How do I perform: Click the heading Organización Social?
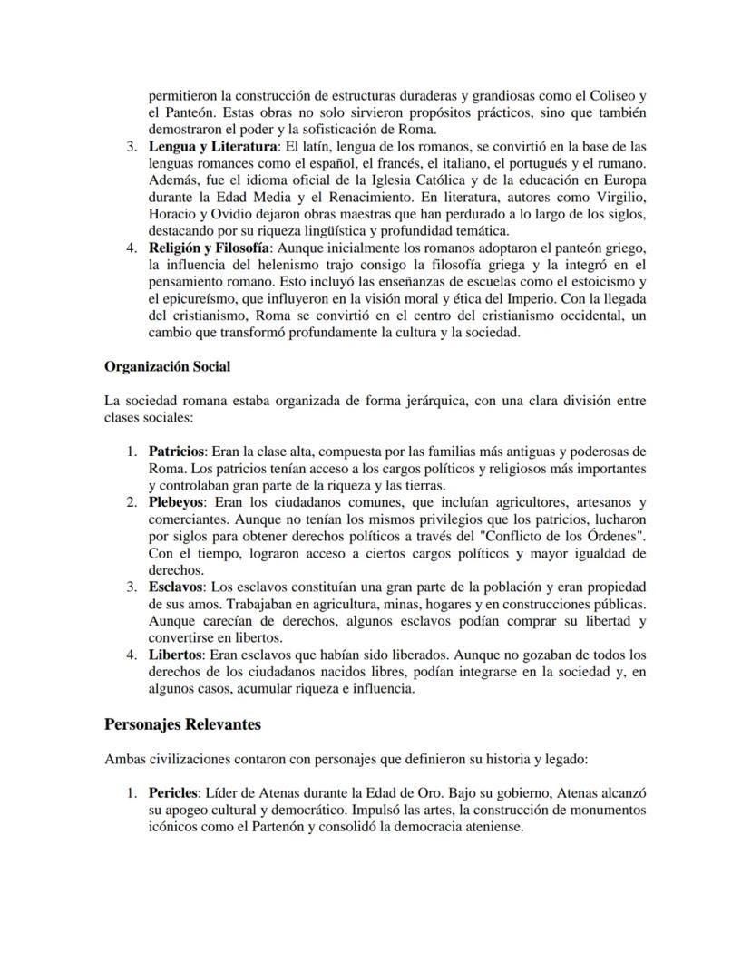(167, 366)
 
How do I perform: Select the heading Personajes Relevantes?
(182, 724)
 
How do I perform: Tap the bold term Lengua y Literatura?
(213, 146)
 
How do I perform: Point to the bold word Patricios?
(178, 451)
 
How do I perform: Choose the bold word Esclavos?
(177, 587)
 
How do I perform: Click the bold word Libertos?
(175, 654)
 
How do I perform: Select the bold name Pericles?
(173, 791)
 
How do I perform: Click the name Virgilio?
(619, 198)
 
